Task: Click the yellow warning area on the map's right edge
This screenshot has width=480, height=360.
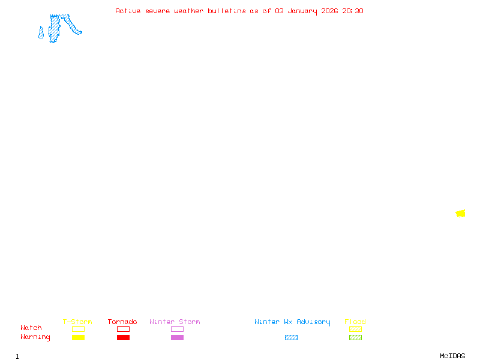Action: click(x=460, y=214)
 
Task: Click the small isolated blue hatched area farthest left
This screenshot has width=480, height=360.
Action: click(x=41, y=33)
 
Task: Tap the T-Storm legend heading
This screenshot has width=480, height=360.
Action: click(x=77, y=322)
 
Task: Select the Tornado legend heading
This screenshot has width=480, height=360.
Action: click(x=122, y=322)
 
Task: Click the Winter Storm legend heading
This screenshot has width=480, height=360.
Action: click(x=175, y=322)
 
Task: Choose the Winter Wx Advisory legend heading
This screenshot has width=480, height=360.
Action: click(x=292, y=322)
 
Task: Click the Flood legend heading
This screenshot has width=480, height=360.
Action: click(x=355, y=322)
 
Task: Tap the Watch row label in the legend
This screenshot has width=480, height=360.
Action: click(x=31, y=328)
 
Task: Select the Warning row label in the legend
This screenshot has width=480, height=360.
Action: click(x=35, y=337)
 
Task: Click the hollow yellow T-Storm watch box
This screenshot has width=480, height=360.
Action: click(x=78, y=329)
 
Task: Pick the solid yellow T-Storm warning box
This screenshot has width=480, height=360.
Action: click(x=78, y=337)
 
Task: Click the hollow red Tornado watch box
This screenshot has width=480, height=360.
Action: click(x=123, y=329)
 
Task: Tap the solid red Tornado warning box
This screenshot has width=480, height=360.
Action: click(x=123, y=337)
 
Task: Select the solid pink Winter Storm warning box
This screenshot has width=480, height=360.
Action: click(x=177, y=337)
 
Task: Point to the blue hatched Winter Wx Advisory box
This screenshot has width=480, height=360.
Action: click(x=291, y=337)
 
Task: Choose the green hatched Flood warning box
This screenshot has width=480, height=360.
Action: click(x=355, y=337)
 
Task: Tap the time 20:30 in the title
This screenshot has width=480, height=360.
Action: click(x=353, y=11)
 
